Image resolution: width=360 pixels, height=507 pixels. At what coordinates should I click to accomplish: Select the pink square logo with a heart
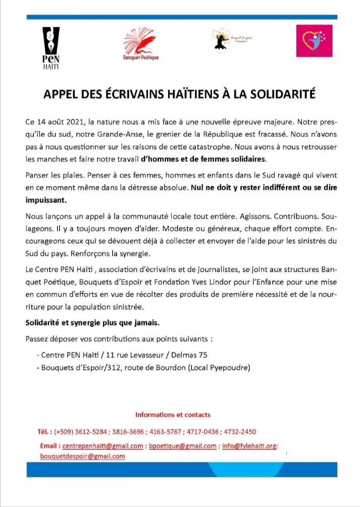(x=314, y=40)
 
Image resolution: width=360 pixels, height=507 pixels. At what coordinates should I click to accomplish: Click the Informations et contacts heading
(x=173, y=415)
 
